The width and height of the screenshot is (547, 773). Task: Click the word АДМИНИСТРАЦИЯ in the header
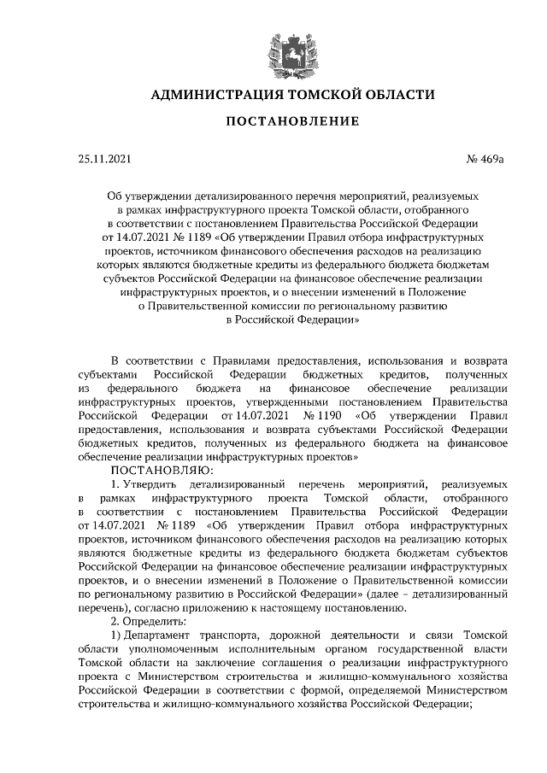(x=214, y=94)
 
